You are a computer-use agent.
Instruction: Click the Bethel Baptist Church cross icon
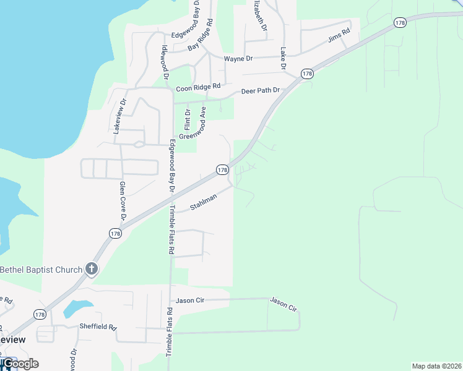tap(92, 268)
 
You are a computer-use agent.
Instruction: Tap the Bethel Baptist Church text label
tap(41, 270)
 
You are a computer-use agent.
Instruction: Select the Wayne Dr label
tap(238, 59)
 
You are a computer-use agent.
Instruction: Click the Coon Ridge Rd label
tap(198, 88)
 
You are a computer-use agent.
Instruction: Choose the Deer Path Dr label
tap(260, 90)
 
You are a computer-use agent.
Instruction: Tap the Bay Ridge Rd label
tap(201, 35)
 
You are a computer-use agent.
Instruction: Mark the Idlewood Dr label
tap(165, 62)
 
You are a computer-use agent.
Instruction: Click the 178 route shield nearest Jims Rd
tap(400, 22)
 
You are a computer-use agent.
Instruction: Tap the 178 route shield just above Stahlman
tap(223, 169)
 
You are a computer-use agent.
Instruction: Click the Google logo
tap(20, 363)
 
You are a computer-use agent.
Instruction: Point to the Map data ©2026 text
tap(436, 366)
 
